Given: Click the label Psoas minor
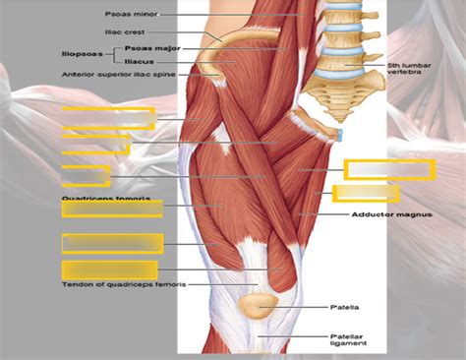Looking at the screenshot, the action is coord(130,15).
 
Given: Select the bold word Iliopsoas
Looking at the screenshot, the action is coord(84,53).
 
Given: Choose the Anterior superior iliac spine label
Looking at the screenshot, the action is coord(117,74).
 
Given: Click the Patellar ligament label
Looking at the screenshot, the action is coord(348,339).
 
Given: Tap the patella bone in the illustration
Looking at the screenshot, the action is coord(260,307).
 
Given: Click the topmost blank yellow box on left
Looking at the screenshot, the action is coord(108,118).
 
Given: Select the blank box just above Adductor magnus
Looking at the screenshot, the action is coord(366,193).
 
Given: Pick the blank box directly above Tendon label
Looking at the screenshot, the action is coord(109,270).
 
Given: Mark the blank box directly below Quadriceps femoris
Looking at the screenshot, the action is coord(111,209).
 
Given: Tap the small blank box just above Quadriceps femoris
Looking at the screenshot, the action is coord(86,176).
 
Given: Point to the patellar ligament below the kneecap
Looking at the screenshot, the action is coord(260,339).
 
